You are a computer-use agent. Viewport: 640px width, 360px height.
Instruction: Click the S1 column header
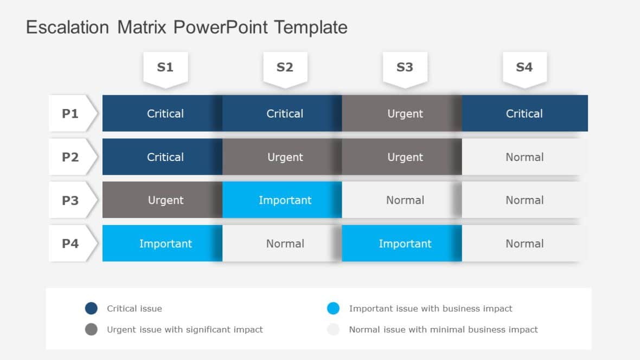165,68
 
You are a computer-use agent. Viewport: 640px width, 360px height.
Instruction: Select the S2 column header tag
285,68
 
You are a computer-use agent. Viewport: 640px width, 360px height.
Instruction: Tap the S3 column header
405,68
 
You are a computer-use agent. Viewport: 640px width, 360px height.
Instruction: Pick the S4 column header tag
524,68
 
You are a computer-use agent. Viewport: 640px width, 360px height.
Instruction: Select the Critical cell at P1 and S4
524,113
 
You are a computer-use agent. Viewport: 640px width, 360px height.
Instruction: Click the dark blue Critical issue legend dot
91,308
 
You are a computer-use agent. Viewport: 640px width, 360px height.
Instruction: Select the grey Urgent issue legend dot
91,329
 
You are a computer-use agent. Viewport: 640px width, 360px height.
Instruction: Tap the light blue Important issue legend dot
334,308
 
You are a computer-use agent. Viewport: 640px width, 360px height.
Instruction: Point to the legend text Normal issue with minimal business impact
443,329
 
